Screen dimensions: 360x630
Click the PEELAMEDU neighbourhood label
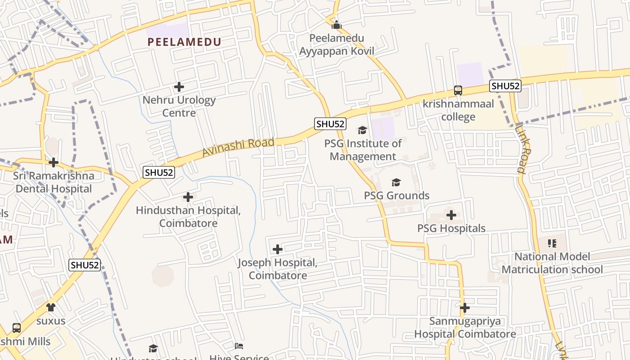184,42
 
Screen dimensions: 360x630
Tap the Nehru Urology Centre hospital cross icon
179,86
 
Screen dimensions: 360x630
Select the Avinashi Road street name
238,147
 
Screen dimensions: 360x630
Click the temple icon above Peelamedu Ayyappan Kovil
337,24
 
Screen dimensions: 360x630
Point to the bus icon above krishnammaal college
458,90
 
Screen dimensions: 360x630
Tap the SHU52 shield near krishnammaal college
505,86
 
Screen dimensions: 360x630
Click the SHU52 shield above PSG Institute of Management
330,124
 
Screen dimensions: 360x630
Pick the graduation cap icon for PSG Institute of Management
362,130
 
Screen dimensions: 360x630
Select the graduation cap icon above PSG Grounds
396,182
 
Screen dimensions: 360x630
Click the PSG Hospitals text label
451,228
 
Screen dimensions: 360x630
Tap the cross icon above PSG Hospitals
451,215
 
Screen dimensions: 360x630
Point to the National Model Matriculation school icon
552,243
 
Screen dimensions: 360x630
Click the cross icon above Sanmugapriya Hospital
465,308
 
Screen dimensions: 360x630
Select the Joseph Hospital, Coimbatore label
278,269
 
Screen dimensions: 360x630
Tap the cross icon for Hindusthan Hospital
188,197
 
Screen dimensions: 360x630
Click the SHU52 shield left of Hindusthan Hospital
159,172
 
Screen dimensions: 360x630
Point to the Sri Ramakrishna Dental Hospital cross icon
54,162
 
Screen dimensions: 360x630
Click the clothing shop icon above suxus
51,307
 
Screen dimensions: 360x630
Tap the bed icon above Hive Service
239,346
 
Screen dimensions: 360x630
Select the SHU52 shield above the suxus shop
85,265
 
